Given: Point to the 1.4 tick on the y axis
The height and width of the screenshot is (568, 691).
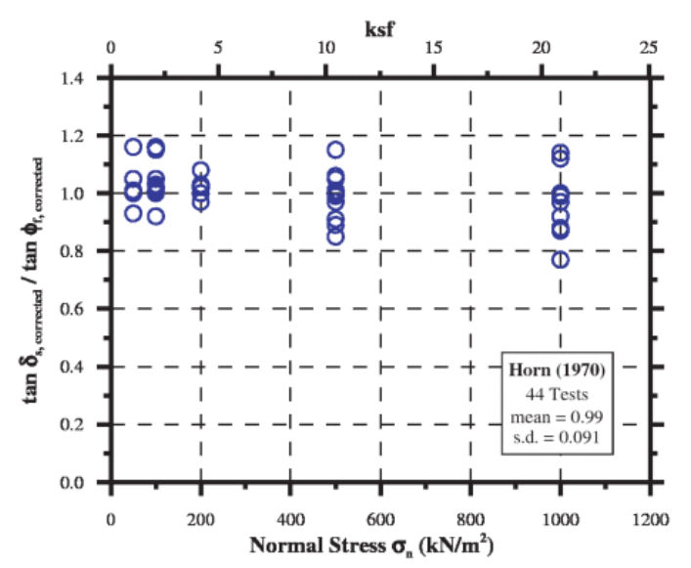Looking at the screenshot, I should point(81,78).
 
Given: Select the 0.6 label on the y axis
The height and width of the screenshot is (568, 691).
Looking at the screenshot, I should point(81,309).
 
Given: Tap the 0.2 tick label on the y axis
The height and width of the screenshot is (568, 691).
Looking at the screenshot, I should point(81,425).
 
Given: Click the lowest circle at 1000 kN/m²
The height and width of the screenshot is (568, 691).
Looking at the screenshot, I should point(560,259).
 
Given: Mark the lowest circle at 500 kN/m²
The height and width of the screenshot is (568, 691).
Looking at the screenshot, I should point(335,237).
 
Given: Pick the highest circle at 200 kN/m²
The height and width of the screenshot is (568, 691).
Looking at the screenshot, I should point(200,171).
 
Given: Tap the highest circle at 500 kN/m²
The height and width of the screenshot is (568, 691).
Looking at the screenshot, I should point(335,150).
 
